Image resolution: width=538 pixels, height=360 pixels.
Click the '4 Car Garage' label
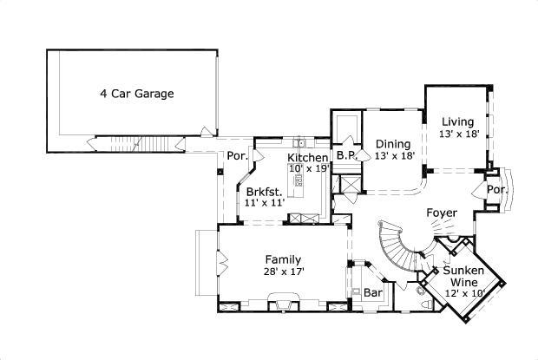(x=136, y=93)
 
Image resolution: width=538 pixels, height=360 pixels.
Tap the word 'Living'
(x=457, y=121)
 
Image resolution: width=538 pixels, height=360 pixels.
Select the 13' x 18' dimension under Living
(x=460, y=134)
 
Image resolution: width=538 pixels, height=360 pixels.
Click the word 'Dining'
(x=392, y=144)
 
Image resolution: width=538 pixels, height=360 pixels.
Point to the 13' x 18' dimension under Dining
(x=394, y=156)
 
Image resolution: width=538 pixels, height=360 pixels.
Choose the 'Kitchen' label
(x=307, y=158)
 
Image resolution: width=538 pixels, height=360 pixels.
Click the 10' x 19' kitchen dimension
(x=309, y=169)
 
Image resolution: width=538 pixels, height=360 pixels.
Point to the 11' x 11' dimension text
(x=265, y=202)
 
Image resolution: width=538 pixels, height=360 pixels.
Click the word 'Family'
(x=283, y=259)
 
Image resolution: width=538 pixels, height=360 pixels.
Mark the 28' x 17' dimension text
(x=284, y=272)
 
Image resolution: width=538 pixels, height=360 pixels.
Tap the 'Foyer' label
(x=442, y=213)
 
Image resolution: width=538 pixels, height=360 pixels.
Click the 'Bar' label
(x=373, y=293)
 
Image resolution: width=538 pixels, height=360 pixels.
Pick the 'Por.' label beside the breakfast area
(x=234, y=157)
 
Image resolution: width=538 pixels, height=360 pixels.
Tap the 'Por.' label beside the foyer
(x=496, y=189)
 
